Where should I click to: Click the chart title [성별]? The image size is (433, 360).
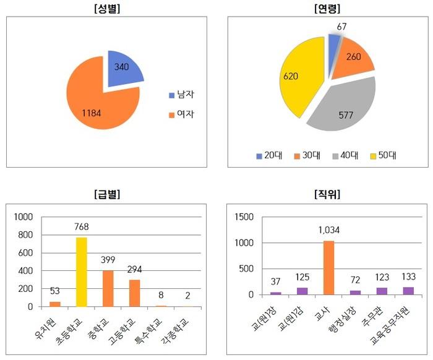click(108, 9)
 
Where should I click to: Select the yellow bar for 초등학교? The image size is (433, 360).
click(81, 272)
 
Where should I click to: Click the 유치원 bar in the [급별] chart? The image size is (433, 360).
click(55, 304)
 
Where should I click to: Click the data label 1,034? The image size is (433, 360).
click(329, 231)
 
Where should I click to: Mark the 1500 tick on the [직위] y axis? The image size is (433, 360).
click(243, 217)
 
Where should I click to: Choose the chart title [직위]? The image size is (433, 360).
click(328, 194)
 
